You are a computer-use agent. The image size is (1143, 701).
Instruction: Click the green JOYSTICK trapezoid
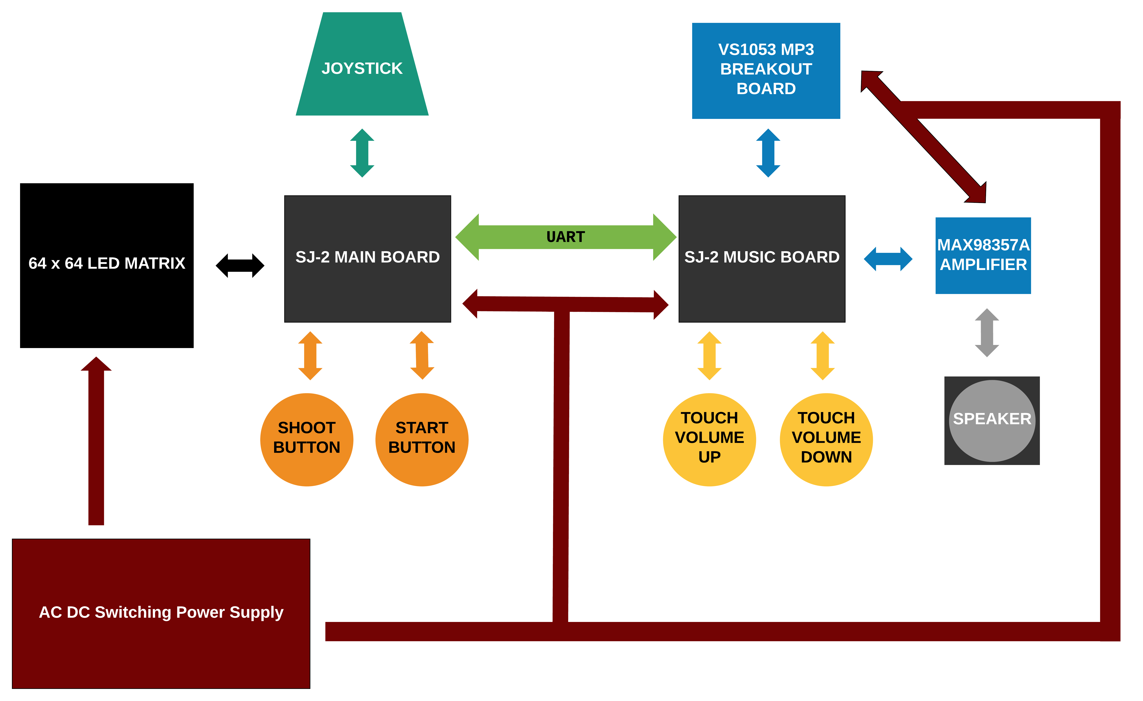(362, 64)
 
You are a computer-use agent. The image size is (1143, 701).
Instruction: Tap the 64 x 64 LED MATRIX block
(107, 266)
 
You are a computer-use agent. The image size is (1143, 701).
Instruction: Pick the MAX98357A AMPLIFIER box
(983, 255)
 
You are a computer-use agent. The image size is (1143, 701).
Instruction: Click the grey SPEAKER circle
(992, 421)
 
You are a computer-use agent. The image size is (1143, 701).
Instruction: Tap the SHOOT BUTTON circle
(307, 440)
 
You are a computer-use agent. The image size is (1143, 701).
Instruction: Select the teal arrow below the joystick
(362, 153)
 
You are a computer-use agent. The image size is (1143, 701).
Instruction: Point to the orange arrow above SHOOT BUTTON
(310, 356)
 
